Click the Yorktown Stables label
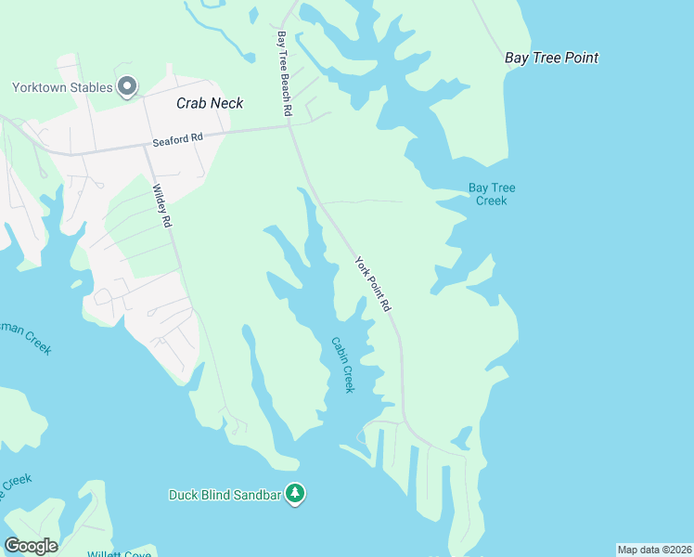[62, 88]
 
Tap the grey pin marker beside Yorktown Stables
[128, 87]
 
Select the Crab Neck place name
[210, 103]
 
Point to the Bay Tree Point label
[551, 58]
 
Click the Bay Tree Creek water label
[491, 194]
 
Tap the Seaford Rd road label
[177, 139]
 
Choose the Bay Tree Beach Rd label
[285, 73]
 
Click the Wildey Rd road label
[161, 205]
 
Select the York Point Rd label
[374, 284]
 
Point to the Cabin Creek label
[342, 364]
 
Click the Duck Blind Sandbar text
[225, 494]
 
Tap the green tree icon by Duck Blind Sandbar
[295, 494]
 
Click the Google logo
[31, 545]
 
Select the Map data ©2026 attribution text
[654, 550]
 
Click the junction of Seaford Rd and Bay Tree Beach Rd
[289, 128]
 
